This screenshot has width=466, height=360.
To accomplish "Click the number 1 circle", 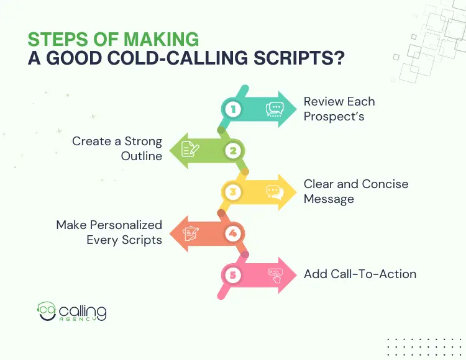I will click(232, 110).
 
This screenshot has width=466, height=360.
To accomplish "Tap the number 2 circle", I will click(233, 150).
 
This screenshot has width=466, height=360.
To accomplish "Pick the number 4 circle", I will click(233, 233).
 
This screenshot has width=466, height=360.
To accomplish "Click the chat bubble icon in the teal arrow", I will click(275, 110).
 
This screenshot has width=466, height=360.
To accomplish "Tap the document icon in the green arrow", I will click(190, 150).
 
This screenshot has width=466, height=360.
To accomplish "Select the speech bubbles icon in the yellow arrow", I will click(275, 191).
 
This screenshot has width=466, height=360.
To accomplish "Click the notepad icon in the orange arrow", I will click(190, 233).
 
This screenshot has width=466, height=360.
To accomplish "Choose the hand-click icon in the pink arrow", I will click(275, 274).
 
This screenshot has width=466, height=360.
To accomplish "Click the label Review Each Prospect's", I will click(339, 108).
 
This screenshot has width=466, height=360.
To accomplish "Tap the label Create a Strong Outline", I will click(117, 148).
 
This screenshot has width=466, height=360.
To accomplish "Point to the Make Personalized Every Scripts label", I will click(109, 232).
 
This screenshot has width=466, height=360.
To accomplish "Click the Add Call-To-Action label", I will click(360, 274).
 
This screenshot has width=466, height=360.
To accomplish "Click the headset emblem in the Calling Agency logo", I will click(47, 311).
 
